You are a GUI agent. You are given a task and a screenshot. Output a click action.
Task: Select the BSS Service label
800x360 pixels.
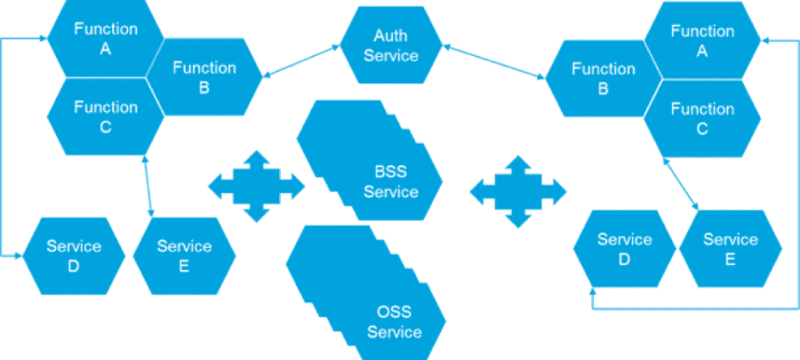pos(391,181)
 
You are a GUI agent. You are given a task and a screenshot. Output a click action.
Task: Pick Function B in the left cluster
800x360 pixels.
pos(204,77)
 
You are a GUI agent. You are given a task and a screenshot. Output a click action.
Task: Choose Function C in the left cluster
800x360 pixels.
pos(105,116)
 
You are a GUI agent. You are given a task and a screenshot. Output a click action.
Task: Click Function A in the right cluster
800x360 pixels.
pos(702,41)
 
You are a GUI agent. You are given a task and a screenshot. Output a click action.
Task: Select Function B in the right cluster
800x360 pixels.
pos(603,78)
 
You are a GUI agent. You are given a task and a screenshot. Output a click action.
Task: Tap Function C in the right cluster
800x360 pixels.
pos(702,118)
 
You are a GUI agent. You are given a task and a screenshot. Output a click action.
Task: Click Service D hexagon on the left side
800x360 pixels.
pos(74,256)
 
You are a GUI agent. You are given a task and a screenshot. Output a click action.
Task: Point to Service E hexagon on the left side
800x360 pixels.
pos(184,256)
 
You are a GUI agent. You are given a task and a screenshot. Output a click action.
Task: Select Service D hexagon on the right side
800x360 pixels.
pos(625,249)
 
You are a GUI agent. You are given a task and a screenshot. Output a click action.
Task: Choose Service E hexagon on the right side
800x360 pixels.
pos(731,249)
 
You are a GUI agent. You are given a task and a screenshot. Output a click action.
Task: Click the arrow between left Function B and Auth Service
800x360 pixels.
pos(302,60)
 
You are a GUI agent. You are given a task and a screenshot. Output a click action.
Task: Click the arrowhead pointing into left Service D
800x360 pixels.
pos(18,256)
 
